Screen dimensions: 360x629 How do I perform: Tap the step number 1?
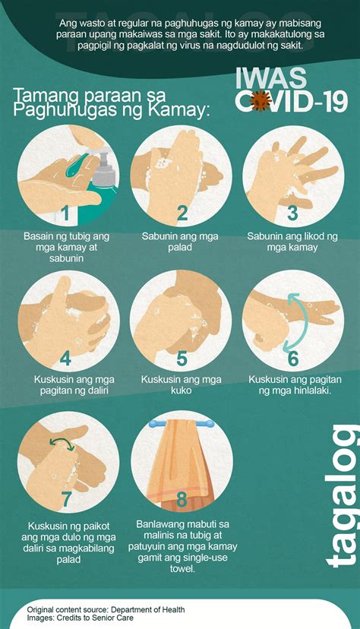(x=66, y=213)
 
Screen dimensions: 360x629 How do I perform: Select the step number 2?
(x=182, y=213)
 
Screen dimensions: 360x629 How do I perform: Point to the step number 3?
(x=292, y=213)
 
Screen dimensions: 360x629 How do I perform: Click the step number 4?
(x=66, y=359)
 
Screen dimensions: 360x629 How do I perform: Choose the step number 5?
(x=182, y=359)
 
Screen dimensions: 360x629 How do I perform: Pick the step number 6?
(x=293, y=359)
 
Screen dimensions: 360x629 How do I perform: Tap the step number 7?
(x=66, y=500)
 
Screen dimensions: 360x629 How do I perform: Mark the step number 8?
(x=182, y=500)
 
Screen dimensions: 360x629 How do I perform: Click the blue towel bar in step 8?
(x=182, y=424)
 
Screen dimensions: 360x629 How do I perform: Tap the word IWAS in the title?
(x=271, y=79)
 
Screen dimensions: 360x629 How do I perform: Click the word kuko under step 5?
(x=182, y=390)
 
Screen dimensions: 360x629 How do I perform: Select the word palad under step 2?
(x=180, y=248)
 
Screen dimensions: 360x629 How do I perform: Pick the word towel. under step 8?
(x=182, y=569)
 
